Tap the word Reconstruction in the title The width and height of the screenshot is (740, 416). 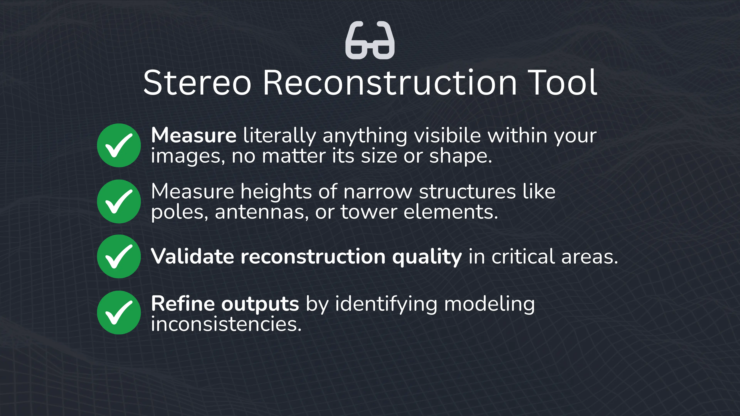390,83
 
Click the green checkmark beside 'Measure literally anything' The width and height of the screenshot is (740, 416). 119,145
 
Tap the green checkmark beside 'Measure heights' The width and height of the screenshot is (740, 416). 119,201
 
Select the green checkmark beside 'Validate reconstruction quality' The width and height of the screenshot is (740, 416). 119,256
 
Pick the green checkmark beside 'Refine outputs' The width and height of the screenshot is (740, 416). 119,312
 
